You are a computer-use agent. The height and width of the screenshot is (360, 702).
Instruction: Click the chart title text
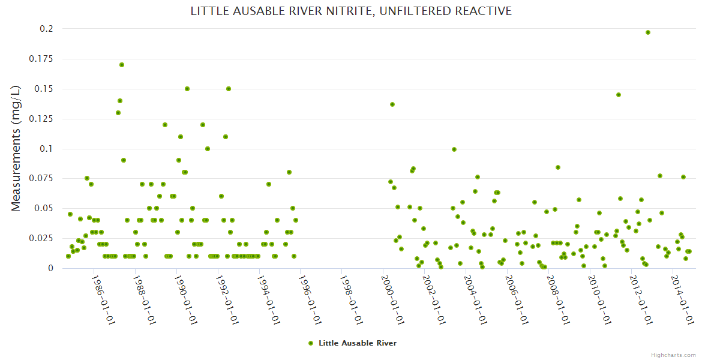pos(351,11)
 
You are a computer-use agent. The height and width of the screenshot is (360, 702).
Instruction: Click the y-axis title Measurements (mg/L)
pos(16,148)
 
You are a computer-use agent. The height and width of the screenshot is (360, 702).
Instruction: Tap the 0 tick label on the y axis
pos(50,268)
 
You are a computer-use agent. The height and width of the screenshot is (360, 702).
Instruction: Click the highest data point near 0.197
pos(648,32)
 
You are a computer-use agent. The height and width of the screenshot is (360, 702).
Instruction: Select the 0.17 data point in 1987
pos(122,65)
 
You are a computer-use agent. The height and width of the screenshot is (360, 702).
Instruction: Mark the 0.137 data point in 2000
pos(392,104)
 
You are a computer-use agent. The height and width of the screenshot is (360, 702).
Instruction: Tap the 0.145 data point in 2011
pos(619,95)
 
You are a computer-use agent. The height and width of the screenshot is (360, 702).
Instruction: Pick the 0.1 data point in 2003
pos(454,149)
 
